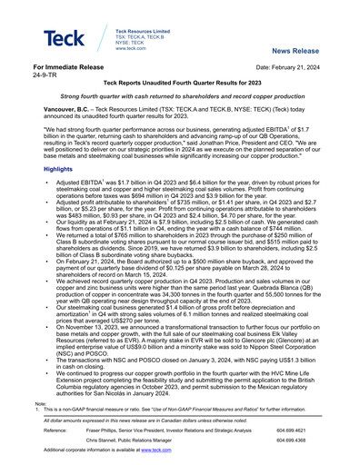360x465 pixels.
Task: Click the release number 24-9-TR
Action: [x=43, y=75]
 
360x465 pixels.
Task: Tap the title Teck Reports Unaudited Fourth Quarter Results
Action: [x=179, y=83]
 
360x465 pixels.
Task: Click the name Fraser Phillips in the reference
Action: [x=91, y=428]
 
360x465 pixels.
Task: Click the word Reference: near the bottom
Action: [x=47, y=428]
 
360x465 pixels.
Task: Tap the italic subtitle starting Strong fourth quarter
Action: [x=179, y=95]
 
